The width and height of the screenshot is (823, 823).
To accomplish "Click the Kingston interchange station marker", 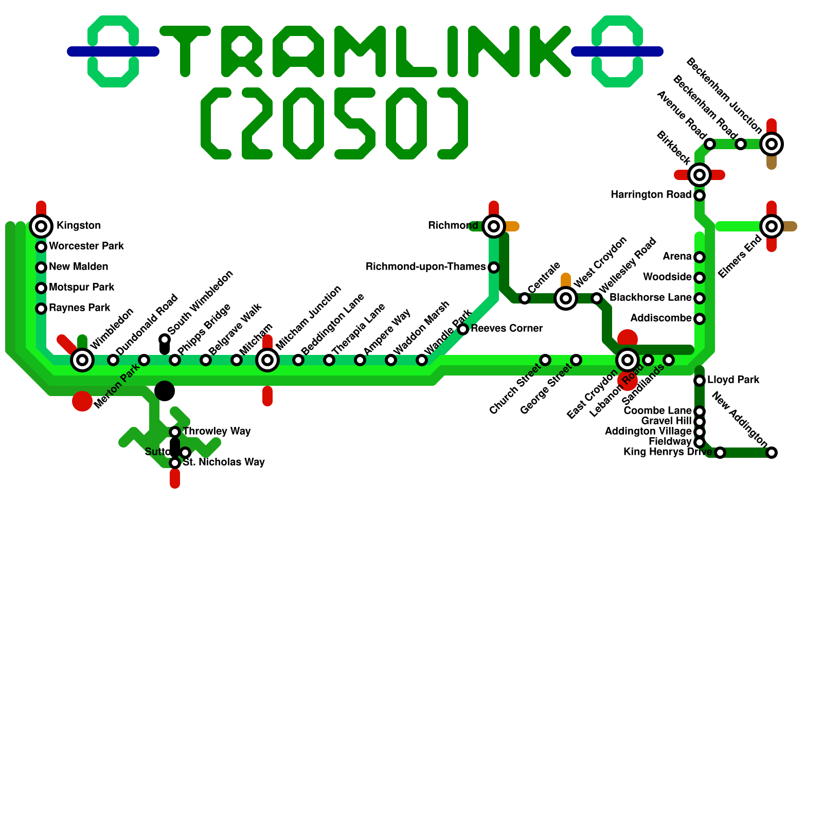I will (x=41, y=226).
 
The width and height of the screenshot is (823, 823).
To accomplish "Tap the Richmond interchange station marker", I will (x=494, y=226).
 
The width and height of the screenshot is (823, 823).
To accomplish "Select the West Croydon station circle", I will (x=566, y=298).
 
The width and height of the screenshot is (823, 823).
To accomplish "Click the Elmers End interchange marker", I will (x=772, y=226).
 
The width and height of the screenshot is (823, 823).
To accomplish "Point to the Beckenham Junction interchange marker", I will (x=772, y=144).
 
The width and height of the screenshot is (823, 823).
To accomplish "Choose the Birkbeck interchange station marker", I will (x=700, y=175).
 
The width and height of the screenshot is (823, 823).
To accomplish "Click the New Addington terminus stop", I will (x=772, y=453).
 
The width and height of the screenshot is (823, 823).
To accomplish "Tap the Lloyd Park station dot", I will (x=700, y=381).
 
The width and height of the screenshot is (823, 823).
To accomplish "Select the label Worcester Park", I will (x=86, y=246).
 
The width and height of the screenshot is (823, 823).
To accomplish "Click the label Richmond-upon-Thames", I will (x=425, y=267).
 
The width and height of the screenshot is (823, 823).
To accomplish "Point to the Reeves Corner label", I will (x=507, y=329).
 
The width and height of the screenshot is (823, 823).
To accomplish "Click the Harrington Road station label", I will (x=651, y=195).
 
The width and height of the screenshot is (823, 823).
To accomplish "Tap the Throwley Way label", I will (x=217, y=432).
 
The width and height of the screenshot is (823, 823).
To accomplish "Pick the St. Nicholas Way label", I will (x=224, y=462).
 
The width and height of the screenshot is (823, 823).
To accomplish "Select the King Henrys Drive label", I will (x=668, y=452).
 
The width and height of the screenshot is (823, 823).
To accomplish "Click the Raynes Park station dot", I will (x=41, y=309).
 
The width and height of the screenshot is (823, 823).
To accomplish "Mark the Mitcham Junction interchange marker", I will (x=267, y=360).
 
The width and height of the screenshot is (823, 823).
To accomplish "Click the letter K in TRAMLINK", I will (x=550, y=51).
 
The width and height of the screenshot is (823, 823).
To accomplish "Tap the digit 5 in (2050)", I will (x=355, y=123).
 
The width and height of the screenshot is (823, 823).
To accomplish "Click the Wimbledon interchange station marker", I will (x=82, y=360).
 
